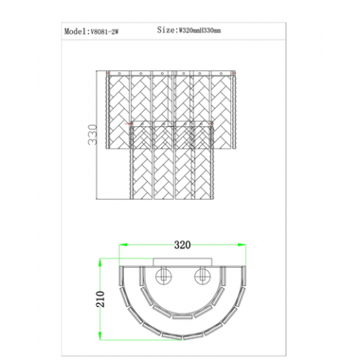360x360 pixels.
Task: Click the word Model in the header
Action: point(75,31)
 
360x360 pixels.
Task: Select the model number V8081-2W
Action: point(104,31)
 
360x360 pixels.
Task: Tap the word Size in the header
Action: point(166,30)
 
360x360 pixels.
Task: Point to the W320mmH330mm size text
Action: point(199,31)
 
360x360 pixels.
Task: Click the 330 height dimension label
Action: point(92,134)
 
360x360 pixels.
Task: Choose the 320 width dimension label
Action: point(182,244)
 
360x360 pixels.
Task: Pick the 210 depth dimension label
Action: point(100,299)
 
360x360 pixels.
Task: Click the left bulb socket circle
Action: point(163,276)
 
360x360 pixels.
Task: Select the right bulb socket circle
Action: point(202,276)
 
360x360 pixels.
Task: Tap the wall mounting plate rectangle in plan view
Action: point(182,262)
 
